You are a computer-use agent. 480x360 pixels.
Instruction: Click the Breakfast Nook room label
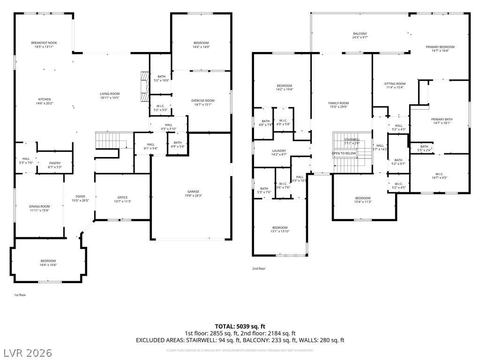coord(44,43)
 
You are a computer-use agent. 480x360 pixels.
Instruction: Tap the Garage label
coord(193,192)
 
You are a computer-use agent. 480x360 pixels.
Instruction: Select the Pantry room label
coord(55,163)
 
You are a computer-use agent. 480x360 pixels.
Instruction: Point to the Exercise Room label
coord(202,101)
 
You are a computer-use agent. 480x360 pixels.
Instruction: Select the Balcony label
coord(360,34)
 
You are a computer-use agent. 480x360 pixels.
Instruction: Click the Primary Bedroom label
coord(440,47)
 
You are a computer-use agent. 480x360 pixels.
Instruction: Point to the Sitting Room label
coord(394,83)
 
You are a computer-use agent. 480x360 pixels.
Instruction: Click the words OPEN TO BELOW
coord(344,153)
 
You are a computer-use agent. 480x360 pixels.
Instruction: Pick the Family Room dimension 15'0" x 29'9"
coord(338,107)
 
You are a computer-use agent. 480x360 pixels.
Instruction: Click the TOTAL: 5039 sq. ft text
coord(240,326)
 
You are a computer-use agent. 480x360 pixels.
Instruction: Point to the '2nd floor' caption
coord(259,269)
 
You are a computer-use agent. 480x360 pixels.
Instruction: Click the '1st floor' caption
coord(20,295)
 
